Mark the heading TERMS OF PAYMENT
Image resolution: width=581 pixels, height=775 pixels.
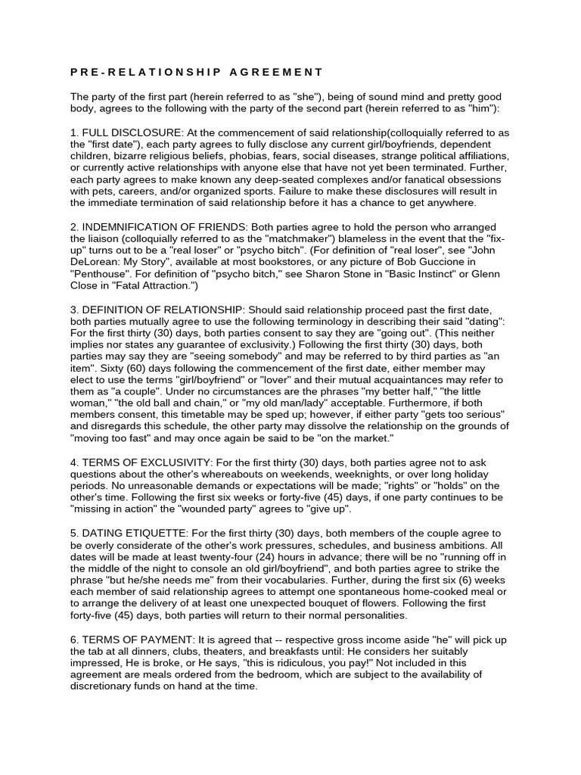pos(132,640)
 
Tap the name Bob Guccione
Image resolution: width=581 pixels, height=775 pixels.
pos(460,261)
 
